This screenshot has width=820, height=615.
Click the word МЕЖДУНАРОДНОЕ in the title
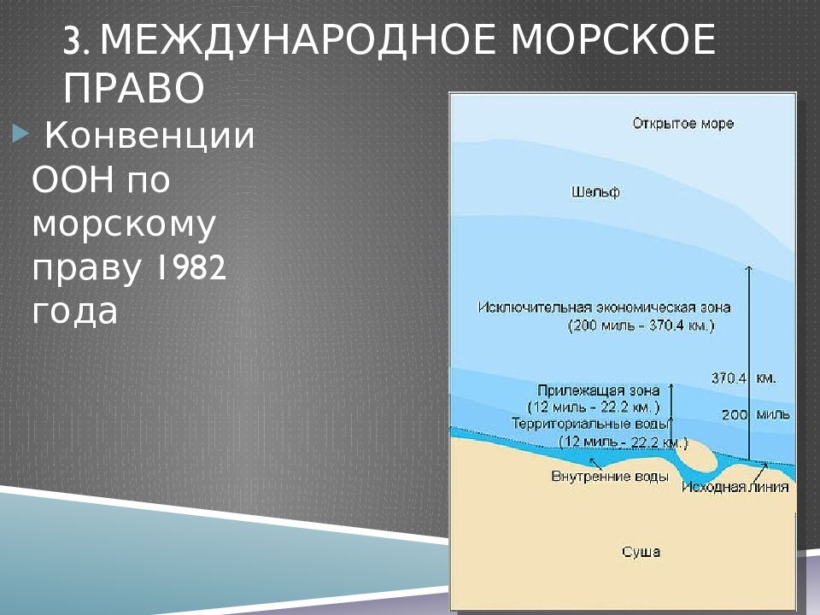pyautogui.click(x=297, y=40)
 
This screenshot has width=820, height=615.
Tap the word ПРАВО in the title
pyautogui.click(x=134, y=88)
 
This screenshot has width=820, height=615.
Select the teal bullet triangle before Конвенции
pyautogui.click(x=20, y=135)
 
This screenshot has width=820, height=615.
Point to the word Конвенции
pyautogui.click(x=149, y=136)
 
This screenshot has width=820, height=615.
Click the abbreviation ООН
pyautogui.click(x=73, y=180)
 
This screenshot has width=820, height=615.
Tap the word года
pyautogui.click(x=75, y=312)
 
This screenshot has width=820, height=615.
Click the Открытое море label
pyautogui.click(x=683, y=124)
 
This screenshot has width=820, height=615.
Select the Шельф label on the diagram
pyautogui.click(x=595, y=192)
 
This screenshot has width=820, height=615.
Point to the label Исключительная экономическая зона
pyautogui.click(x=604, y=307)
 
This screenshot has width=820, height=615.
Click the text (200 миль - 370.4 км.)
pyautogui.click(x=641, y=325)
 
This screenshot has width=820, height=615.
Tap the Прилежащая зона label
pyautogui.click(x=598, y=390)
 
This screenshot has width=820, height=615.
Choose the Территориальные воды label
pyautogui.click(x=590, y=423)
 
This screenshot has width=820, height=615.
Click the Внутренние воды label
pyautogui.click(x=610, y=477)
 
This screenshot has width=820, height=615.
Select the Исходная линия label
pyautogui.click(x=735, y=487)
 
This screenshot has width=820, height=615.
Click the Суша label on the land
pyautogui.click(x=641, y=552)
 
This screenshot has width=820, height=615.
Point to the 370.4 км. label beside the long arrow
pyautogui.click(x=743, y=378)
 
